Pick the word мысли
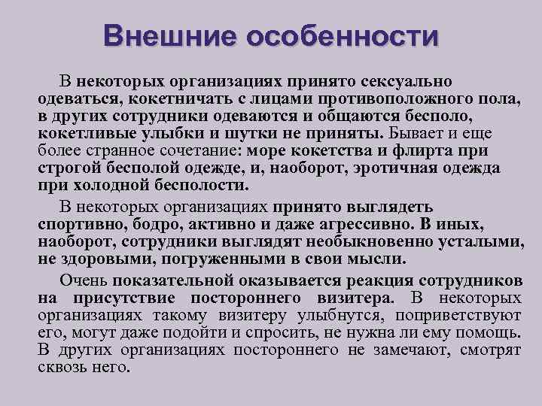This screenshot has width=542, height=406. coord(376,259)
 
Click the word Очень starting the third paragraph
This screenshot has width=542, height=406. coord(84,280)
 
